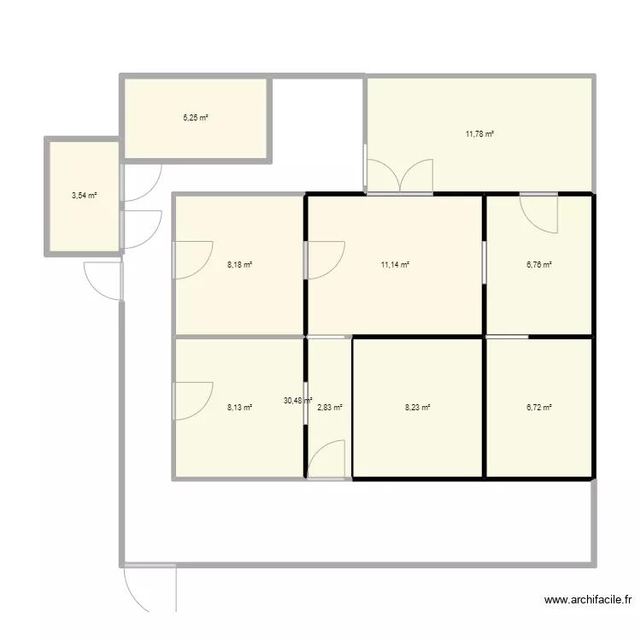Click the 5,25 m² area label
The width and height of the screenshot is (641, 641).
click(196, 118)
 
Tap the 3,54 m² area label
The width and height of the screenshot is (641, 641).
click(84, 196)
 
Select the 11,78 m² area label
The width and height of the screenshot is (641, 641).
click(480, 134)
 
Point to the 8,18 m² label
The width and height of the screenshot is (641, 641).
click(239, 265)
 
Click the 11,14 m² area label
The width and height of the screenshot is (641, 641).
click(395, 265)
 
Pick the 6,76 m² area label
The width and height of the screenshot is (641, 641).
click(538, 265)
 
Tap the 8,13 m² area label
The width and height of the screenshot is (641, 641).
click(239, 408)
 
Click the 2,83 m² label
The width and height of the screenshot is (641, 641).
click(330, 408)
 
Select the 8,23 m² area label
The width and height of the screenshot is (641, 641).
click(417, 408)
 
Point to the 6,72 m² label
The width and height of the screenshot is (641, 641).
click(538, 408)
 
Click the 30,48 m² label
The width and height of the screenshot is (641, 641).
click(298, 400)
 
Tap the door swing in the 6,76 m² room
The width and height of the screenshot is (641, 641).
click(540, 214)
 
